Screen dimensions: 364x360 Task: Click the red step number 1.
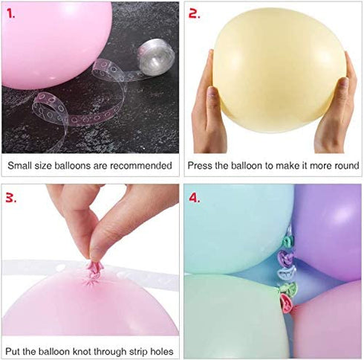[10, 13]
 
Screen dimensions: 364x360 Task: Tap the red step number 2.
[195, 13]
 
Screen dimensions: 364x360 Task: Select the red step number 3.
[11, 198]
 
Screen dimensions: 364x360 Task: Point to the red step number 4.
[195, 198]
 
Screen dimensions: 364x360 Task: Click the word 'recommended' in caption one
[141, 165]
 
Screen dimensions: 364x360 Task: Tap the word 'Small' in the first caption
[19, 165]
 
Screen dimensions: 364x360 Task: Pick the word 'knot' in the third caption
[82, 352]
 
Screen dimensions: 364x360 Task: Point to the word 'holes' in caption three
[161, 352]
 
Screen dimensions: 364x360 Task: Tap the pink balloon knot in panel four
[286, 303]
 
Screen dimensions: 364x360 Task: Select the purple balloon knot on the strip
[285, 258]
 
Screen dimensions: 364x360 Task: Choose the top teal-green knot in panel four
[287, 241]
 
